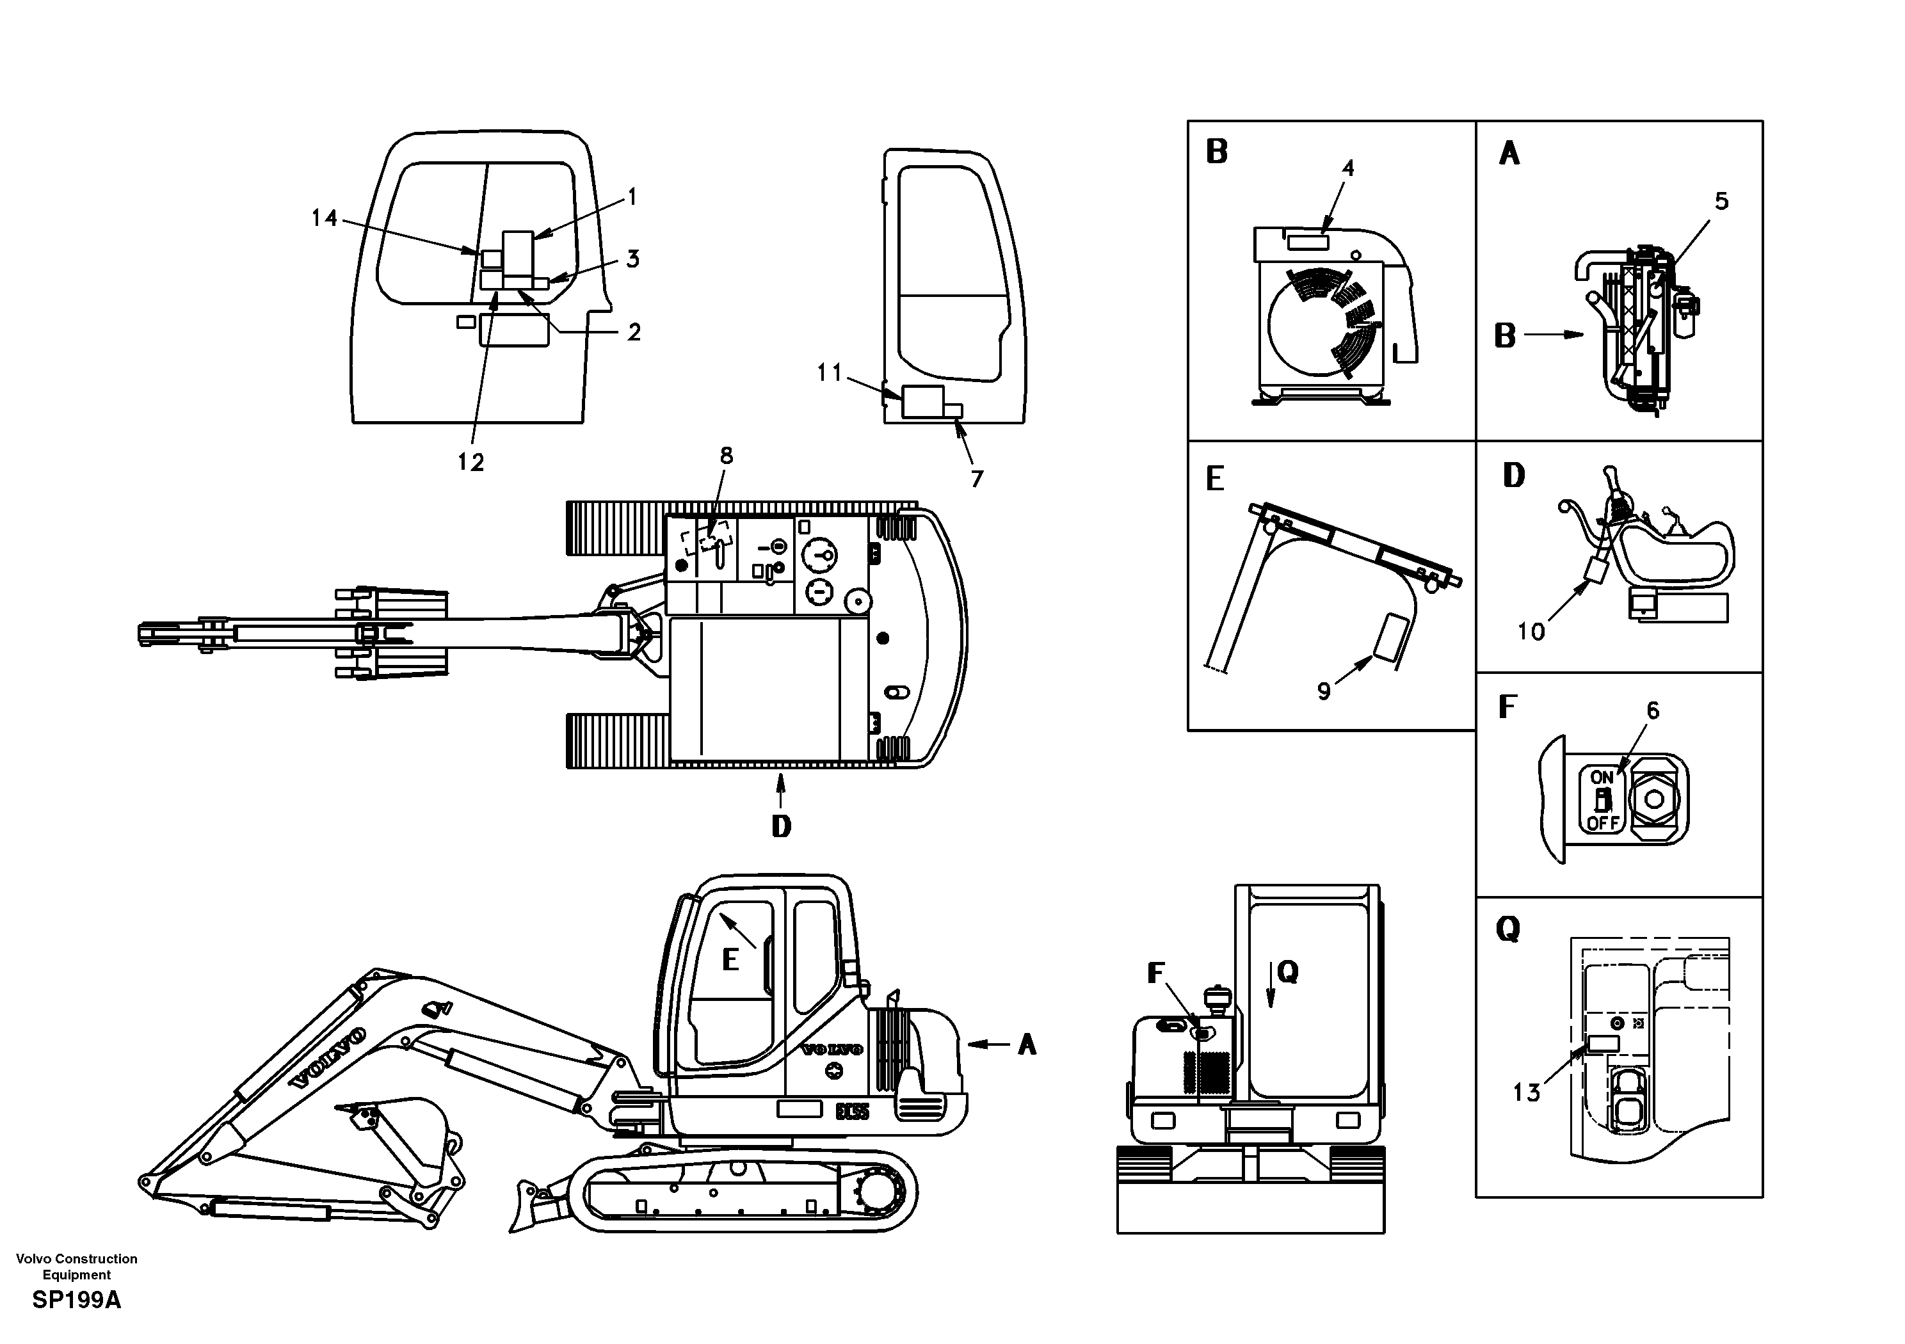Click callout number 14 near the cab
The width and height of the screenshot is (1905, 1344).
coord(325,218)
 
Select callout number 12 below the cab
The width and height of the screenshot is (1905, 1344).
coord(470,462)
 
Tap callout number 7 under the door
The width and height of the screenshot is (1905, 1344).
coord(977,479)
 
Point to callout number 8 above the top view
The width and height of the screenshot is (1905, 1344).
coord(726,456)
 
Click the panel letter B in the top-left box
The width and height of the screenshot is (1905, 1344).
coord(1216,153)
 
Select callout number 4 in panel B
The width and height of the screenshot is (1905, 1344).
coord(1348,168)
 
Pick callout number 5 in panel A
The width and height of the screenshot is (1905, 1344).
coord(1722,201)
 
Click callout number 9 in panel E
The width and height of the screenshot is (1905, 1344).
coord(1324,691)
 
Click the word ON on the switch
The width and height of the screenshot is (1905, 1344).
coord(1602,778)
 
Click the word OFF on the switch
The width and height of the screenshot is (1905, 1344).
coord(1603,824)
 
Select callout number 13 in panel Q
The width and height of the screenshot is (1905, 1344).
coord(1526,1092)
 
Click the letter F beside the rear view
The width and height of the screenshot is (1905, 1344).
coord(1156,973)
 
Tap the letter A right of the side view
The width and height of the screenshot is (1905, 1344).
coord(1027,1044)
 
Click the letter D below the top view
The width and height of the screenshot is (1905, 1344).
coord(781,826)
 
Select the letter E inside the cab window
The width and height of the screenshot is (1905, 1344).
coord(730,960)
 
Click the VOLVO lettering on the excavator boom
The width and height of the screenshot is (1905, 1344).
coord(328,1059)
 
